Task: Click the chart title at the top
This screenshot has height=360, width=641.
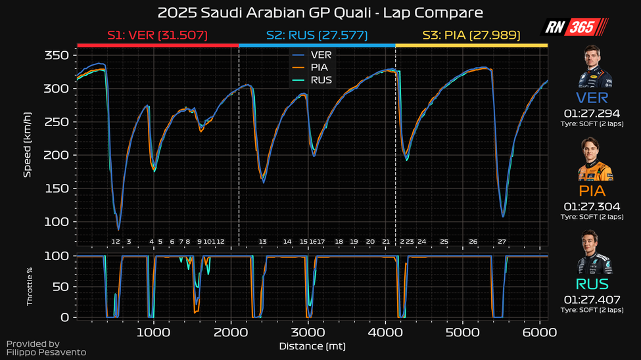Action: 320,13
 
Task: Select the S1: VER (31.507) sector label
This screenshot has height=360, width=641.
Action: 158,35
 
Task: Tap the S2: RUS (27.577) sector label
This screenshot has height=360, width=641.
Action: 316,35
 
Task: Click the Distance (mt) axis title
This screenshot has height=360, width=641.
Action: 312,346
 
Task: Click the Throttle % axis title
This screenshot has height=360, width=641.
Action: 29,286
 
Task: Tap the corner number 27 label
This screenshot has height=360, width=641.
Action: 502,242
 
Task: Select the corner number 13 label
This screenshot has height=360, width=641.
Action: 263,242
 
